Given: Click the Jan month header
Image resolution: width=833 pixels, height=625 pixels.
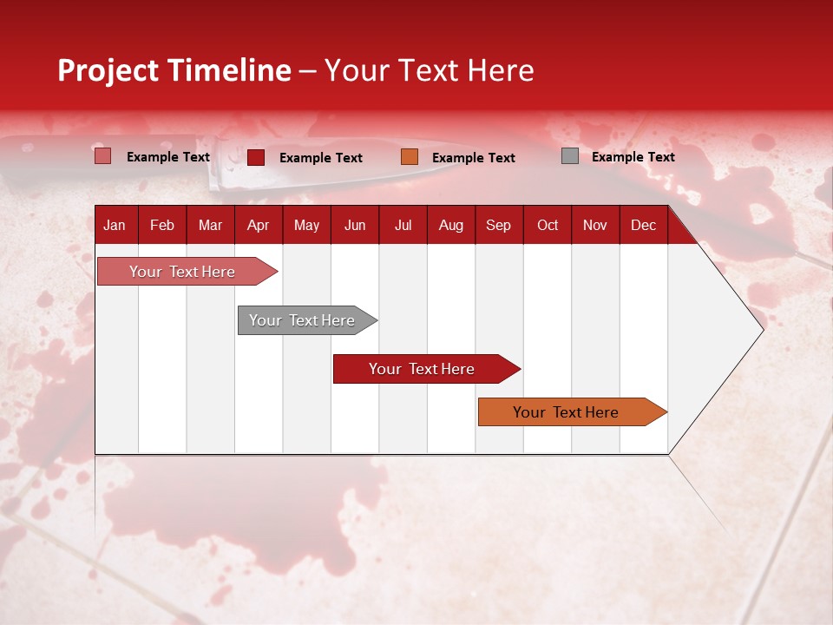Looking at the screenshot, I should point(115,225).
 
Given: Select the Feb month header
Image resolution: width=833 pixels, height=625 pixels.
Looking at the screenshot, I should point(162,225).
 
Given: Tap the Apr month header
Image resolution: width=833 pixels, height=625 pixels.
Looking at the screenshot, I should point(258,225).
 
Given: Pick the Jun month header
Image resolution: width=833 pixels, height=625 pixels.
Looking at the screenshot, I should point(355,225).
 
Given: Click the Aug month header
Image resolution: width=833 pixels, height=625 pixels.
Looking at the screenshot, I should point(451,225).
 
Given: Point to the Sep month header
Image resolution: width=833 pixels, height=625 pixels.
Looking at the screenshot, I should point(498,225).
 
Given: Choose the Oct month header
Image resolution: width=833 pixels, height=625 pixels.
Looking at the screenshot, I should point(548,225).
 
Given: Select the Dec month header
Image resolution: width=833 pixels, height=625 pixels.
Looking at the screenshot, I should point(643,225).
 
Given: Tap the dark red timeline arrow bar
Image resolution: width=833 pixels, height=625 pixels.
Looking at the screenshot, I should point(423,369).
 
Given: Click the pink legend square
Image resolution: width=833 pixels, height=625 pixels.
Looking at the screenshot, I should point(102,156).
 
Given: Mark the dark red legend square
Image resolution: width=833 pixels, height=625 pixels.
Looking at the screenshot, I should point(256,157).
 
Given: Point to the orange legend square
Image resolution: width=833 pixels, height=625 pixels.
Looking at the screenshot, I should point(410,156).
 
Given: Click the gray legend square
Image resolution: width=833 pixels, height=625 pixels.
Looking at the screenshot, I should point(570,156).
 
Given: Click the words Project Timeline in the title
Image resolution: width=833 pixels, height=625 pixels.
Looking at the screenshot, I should point(174,70).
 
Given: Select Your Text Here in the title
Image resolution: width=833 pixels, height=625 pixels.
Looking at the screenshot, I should point(429,70).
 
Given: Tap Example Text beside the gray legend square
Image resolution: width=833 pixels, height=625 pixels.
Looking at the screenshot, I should point(633,157).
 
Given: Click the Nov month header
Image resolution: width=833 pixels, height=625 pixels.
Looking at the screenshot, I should point(595,225).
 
